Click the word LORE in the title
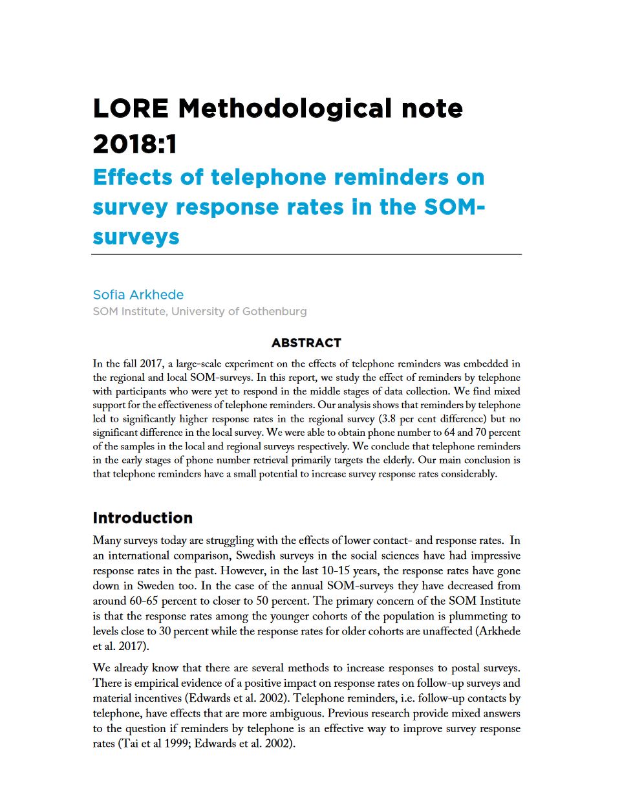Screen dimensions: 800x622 pyautogui.click(x=131, y=109)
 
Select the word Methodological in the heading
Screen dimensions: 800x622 pyautogui.click(x=284, y=109)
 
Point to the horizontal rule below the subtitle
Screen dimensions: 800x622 pyautogui.click(x=306, y=254)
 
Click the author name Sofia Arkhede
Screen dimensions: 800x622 pyautogui.click(x=138, y=295)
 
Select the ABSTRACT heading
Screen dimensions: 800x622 pyautogui.click(x=306, y=343)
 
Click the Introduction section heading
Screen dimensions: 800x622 pyautogui.click(x=142, y=518)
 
